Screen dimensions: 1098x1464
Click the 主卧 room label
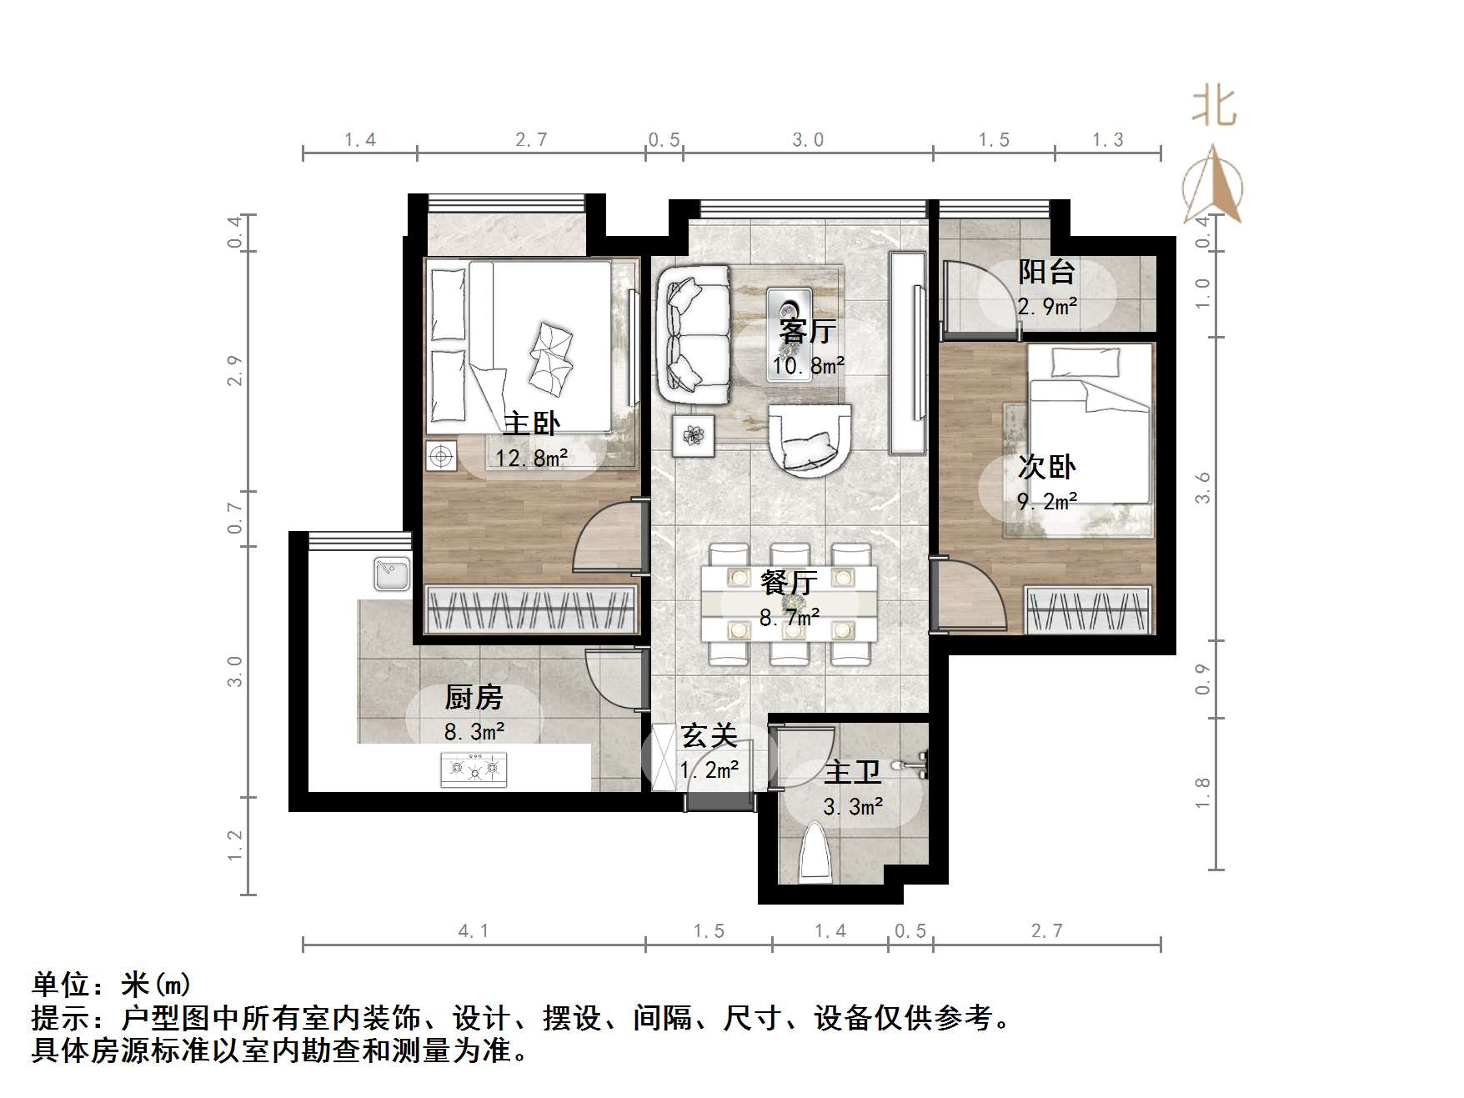(531, 424)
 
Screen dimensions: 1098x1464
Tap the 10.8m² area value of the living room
(807, 366)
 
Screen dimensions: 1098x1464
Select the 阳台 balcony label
(1046, 271)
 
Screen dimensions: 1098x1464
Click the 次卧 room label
(1046, 467)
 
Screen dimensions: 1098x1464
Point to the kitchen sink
(391, 574)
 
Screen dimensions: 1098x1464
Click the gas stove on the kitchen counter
(474, 769)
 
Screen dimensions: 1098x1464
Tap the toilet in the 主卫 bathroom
(815, 855)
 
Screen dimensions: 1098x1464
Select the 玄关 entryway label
(709, 736)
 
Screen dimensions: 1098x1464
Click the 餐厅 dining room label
(788, 582)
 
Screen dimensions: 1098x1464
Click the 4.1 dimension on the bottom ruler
(473, 931)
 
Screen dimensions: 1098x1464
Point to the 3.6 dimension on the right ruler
(1202, 488)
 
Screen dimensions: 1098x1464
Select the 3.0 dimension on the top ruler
(807, 140)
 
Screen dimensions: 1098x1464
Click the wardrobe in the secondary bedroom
(1088, 610)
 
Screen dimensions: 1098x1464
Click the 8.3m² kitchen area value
(474, 732)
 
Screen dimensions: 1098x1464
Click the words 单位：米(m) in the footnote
(112, 985)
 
